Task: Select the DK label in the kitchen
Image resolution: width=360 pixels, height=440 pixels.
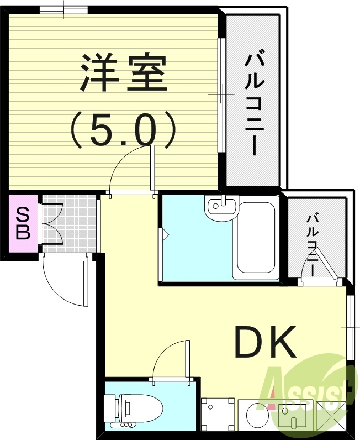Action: pos(266,342)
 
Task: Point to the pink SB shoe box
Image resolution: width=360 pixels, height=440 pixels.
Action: pos(23,222)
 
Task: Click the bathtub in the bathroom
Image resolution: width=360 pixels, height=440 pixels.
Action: pos(256,240)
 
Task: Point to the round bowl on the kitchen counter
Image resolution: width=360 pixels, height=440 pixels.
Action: pos(256,415)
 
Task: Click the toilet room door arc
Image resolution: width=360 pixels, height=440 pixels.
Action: pos(168,359)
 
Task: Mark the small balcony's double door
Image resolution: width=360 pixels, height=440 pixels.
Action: pos(319,276)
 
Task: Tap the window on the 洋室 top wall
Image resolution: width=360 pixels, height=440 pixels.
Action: pos(63,9)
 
